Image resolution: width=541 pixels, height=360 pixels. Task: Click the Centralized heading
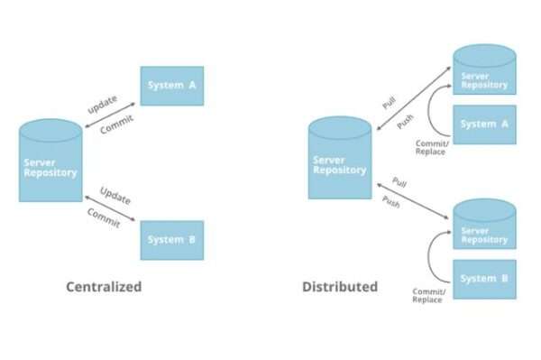pyautogui.click(x=104, y=287)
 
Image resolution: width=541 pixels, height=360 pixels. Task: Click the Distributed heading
pyautogui.click(x=339, y=287)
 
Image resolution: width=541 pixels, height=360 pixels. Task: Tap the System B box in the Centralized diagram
pyautogui.click(x=171, y=240)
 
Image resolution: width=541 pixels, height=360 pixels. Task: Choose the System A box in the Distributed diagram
pyautogui.click(x=484, y=125)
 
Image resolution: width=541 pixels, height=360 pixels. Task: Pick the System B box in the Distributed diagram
pyautogui.click(x=484, y=279)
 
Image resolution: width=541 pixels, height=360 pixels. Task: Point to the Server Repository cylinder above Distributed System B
pyautogui.click(x=484, y=226)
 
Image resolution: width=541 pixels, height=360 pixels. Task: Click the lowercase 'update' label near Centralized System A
pyautogui.click(x=102, y=103)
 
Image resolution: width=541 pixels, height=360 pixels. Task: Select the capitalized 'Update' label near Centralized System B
pyautogui.click(x=115, y=195)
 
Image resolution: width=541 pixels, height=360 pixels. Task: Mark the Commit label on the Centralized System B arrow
pyautogui.click(x=103, y=217)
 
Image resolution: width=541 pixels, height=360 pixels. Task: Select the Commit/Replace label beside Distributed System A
pyautogui.click(x=429, y=147)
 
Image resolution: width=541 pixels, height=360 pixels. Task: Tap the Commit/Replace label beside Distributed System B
pyautogui.click(x=426, y=295)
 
